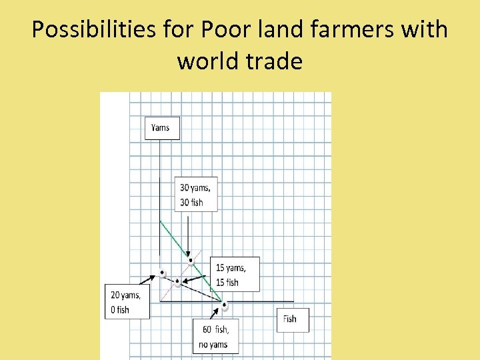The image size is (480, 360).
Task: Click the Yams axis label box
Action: coord(162,127)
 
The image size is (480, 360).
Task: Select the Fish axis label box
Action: coord(292,319)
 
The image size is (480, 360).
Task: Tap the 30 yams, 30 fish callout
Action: coord(196,194)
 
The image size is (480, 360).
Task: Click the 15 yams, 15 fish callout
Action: coord(233,275)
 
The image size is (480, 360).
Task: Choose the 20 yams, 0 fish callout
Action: coord(127,301)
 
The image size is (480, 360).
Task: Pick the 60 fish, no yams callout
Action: coord(215,337)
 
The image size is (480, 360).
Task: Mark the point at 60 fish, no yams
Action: coord(225,306)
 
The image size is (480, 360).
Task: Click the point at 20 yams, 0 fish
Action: coord(162,272)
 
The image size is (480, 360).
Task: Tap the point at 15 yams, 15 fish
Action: coord(177,281)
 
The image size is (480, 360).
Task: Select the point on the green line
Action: coord(191,260)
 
